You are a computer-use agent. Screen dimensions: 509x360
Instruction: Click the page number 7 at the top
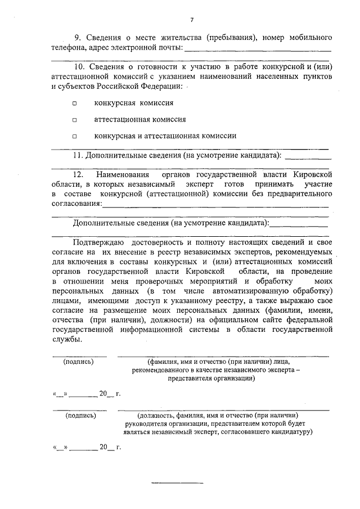192,20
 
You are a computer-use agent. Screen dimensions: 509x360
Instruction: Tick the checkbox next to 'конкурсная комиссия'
74,103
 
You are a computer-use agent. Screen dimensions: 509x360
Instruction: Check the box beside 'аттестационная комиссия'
74,120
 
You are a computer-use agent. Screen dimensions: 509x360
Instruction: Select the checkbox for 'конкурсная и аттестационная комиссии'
74,136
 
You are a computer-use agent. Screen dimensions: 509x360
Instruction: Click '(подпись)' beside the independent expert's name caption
79,362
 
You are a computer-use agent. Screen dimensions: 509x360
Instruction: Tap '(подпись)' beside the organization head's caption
80,416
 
